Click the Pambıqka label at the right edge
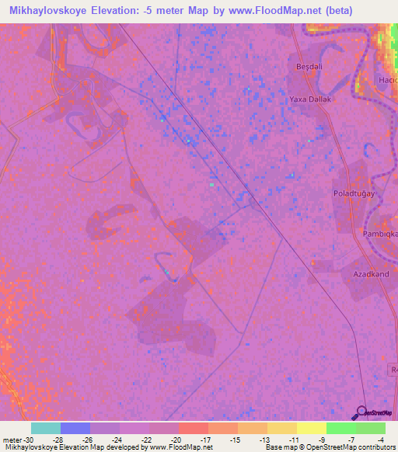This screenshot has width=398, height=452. pos(381,233)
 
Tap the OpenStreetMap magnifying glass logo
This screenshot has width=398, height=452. pos(361,412)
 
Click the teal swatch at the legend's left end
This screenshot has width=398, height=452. pos(46,428)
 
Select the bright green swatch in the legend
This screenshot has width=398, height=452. pos(340,428)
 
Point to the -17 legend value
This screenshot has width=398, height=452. pos(206,440)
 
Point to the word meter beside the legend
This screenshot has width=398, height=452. pos(12,440)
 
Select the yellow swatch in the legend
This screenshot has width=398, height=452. pos(281,428)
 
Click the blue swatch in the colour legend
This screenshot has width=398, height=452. pos(75,428)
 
